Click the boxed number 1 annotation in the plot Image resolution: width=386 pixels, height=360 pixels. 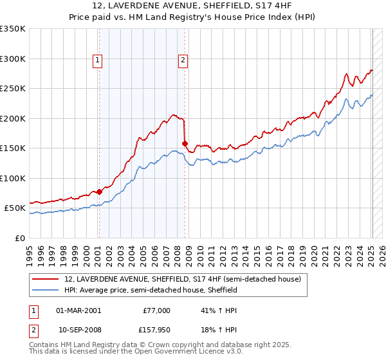(x=97, y=60)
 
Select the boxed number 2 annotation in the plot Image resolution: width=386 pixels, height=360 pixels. (x=183, y=60)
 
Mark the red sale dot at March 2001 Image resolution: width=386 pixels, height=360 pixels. (x=100, y=191)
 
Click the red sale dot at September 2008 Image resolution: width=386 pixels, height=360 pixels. (x=185, y=143)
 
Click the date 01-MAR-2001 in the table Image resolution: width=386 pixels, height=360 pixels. (x=78, y=310)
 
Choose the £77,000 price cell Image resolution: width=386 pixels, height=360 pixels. (x=156, y=310)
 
